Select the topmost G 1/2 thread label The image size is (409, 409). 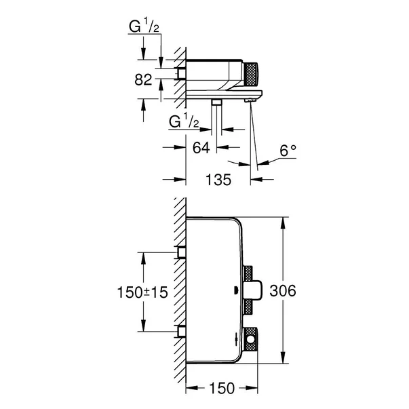(144, 28)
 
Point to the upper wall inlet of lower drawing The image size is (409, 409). (181, 252)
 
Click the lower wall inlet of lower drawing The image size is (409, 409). (181, 331)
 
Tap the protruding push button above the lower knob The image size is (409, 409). (254, 291)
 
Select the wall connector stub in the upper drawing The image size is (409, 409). (181, 73)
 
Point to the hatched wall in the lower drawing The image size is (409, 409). (180, 292)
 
